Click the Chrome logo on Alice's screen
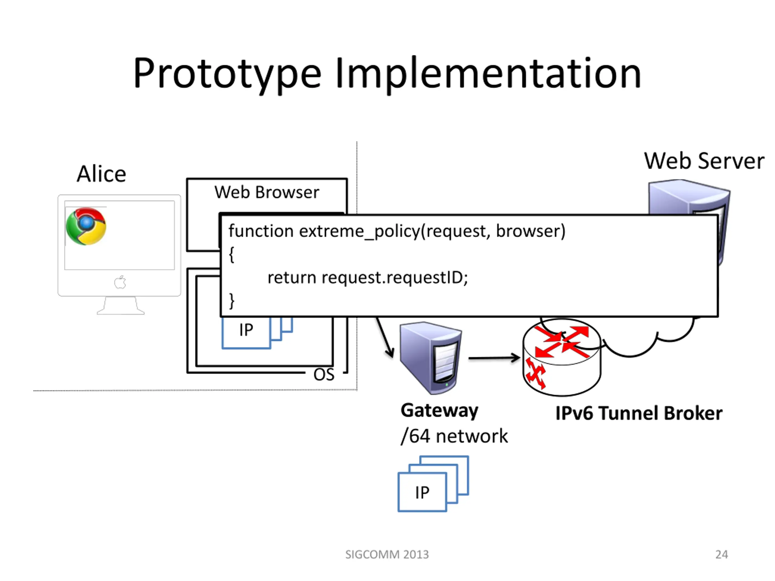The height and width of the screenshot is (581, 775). click(86, 226)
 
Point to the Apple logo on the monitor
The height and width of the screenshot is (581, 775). click(120, 282)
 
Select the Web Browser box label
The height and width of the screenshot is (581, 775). click(267, 192)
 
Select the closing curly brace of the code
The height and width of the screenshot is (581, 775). click(232, 301)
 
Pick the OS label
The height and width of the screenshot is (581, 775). click(324, 375)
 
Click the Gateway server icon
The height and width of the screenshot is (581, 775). click(430, 358)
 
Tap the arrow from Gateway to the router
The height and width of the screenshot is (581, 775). click(494, 358)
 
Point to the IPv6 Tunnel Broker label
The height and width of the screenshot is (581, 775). click(639, 413)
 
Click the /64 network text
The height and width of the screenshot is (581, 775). click(454, 436)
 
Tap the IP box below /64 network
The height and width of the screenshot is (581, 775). click(422, 492)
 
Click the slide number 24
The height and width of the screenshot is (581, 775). click(722, 555)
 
